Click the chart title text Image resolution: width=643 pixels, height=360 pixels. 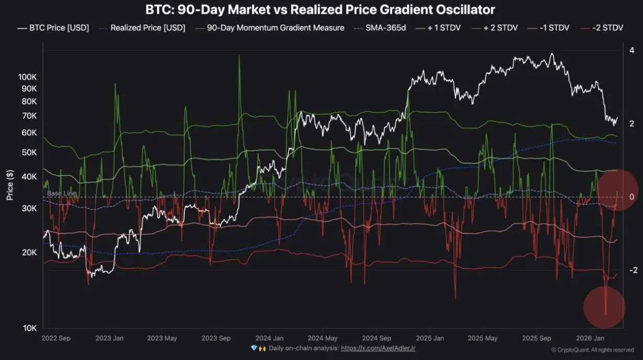(x=321, y=9)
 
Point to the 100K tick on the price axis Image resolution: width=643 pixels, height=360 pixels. (x=27, y=77)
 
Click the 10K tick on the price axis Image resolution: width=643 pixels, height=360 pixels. (x=29, y=329)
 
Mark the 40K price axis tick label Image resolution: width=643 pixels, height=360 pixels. (x=29, y=177)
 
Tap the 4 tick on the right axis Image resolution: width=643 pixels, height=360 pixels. (x=633, y=50)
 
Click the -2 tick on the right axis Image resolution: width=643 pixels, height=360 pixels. (x=633, y=270)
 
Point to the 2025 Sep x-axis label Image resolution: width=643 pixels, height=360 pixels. (x=537, y=339)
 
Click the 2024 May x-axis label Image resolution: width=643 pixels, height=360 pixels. (x=323, y=339)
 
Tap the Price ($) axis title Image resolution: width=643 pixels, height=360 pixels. (x=10, y=186)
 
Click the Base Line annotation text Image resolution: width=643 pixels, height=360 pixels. (x=61, y=193)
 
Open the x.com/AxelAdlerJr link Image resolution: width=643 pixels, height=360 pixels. (x=378, y=348)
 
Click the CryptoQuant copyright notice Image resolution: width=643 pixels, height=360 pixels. (x=592, y=350)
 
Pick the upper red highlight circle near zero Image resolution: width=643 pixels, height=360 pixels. (x=618, y=189)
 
